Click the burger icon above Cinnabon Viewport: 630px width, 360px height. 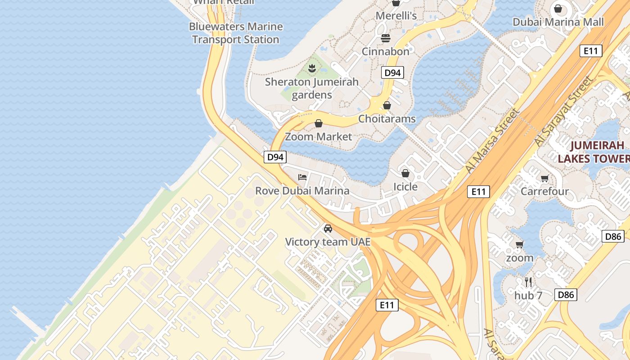[x=386, y=38]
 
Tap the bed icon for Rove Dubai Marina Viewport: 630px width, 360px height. [x=302, y=177]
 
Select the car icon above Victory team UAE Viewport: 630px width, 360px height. [x=328, y=229]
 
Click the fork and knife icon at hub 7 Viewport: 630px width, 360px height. [x=528, y=282]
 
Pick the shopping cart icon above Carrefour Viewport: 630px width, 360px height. [x=544, y=178]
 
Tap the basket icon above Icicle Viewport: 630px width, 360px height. [x=405, y=173]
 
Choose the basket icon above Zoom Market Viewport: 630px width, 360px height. [x=319, y=123]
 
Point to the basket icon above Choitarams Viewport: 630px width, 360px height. [x=387, y=106]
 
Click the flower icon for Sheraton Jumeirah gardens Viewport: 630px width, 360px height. [x=311, y=68]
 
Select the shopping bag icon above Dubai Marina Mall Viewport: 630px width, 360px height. [x=558, y=9]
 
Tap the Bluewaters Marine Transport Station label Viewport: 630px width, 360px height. [x=236, y=33]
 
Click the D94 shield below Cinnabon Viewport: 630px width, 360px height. [x=392, y=72]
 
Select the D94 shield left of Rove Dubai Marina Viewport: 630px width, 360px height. [x=275, y=157]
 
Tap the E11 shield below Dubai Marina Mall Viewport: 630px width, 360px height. [x=590, y=51]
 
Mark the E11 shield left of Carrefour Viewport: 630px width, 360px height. [x=478, y=192]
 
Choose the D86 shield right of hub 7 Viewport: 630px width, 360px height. [x=565, y=295]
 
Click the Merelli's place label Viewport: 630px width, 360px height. [x=396, y=16]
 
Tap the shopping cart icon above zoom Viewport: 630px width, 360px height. [x=520, y=244]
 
